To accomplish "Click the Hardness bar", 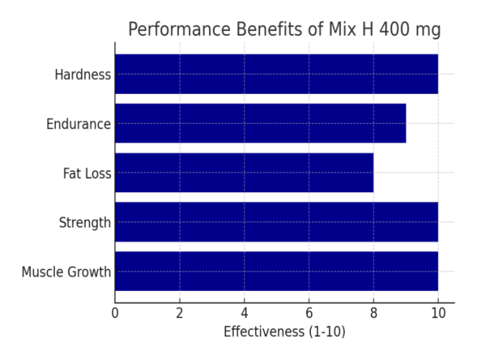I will pyautogui.click(x=276, y=74).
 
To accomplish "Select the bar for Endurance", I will pyautogui.click(x=260, y=123).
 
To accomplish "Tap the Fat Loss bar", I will pyautogui.click(x=244, y=172).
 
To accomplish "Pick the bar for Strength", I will pyautogui.click(x=276, y=222).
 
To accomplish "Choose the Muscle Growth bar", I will pyautogui.click(x=276, y=271).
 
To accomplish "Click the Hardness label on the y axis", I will pyautogui.click(x=83, y=75).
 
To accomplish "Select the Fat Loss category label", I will pyautogui.click(x=87, y=173).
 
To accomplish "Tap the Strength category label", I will pyautogui.click(x=85, y=223).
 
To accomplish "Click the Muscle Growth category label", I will pyautogui.click(x=66, y=272).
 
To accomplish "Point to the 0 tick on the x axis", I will pyautogui.click(x=115, y=312).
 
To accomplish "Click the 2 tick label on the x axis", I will pyautogui.click(x=180, y=312).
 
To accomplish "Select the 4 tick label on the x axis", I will pyautogui.click(x=244, y=312).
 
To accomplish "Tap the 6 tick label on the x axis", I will pyautogui.click(x=308, y=312).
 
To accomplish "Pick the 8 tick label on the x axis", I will pyautogui.click(x=373, y=312).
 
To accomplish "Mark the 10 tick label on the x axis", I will pyautogui.click(x=437, y=312).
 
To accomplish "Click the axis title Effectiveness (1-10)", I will pyautogui.click(x=284, y=331).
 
